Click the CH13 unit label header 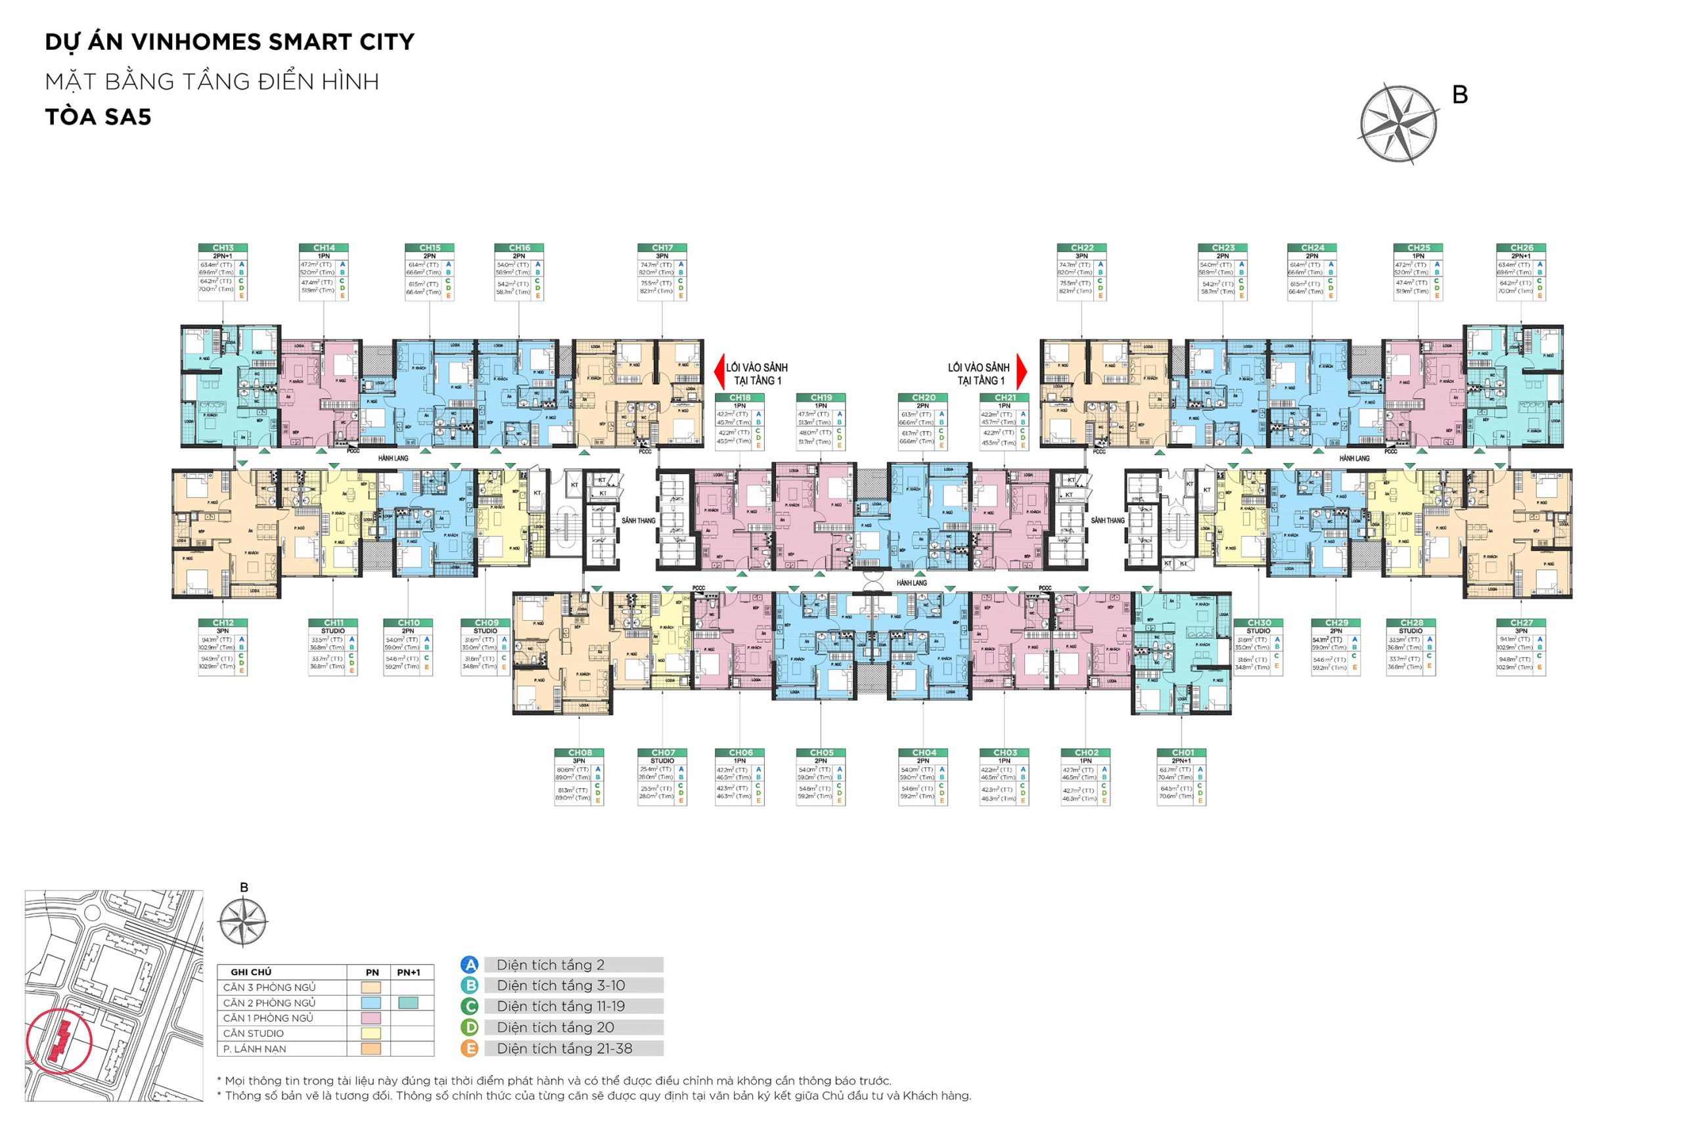pyautogui.click(x=223, y=248)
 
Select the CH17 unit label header pyautogui.click(x=662, y=248)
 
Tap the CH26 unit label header pyautogui.click(x=1521, y=248)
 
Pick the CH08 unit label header pyautogui.click(x=580, y=753)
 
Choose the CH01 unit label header pyautogui.click(x=1182, y=753)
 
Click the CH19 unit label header pyautogui.click(x=821, y=397)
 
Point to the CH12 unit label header pyautogui.click(x=223, y=623)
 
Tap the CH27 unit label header pyautogui.click(x=1521, y=623)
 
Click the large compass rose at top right pyautogui.click(x=1399, y=123)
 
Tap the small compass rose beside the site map pyautogui.click(x=243, y=921)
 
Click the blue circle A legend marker pyautogui.click(x=469, y=965)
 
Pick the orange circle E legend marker pyautogui.click(x=469, y=1049)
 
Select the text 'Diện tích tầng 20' pyautogui.click(x=556, y=1027)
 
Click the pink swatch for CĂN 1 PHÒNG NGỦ pyautogui.click(x=372, y=1018)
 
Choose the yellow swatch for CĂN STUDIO pyautogui.click(x=372, y=1033)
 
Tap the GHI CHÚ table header pyautogui.click(x=251, y=973)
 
